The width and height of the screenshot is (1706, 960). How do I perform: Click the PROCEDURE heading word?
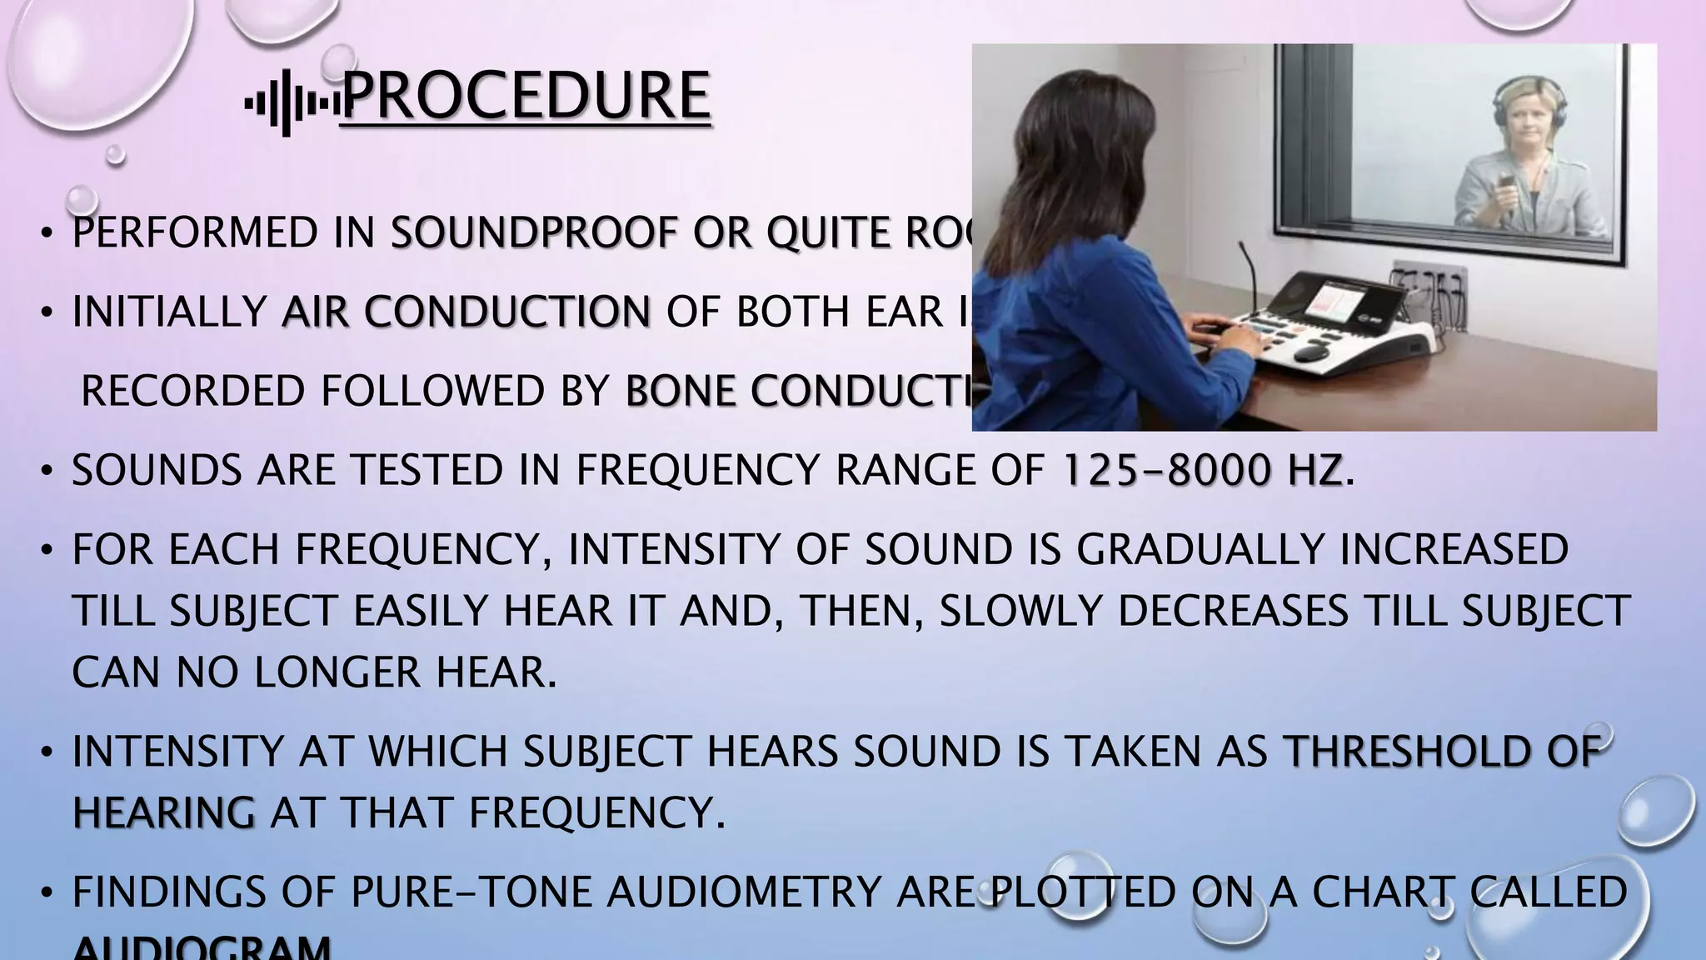526,97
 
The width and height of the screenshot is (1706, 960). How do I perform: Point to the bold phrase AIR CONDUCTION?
466,312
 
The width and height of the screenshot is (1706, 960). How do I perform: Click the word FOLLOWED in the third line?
432,392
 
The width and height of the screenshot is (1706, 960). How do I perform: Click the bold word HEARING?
163,813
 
